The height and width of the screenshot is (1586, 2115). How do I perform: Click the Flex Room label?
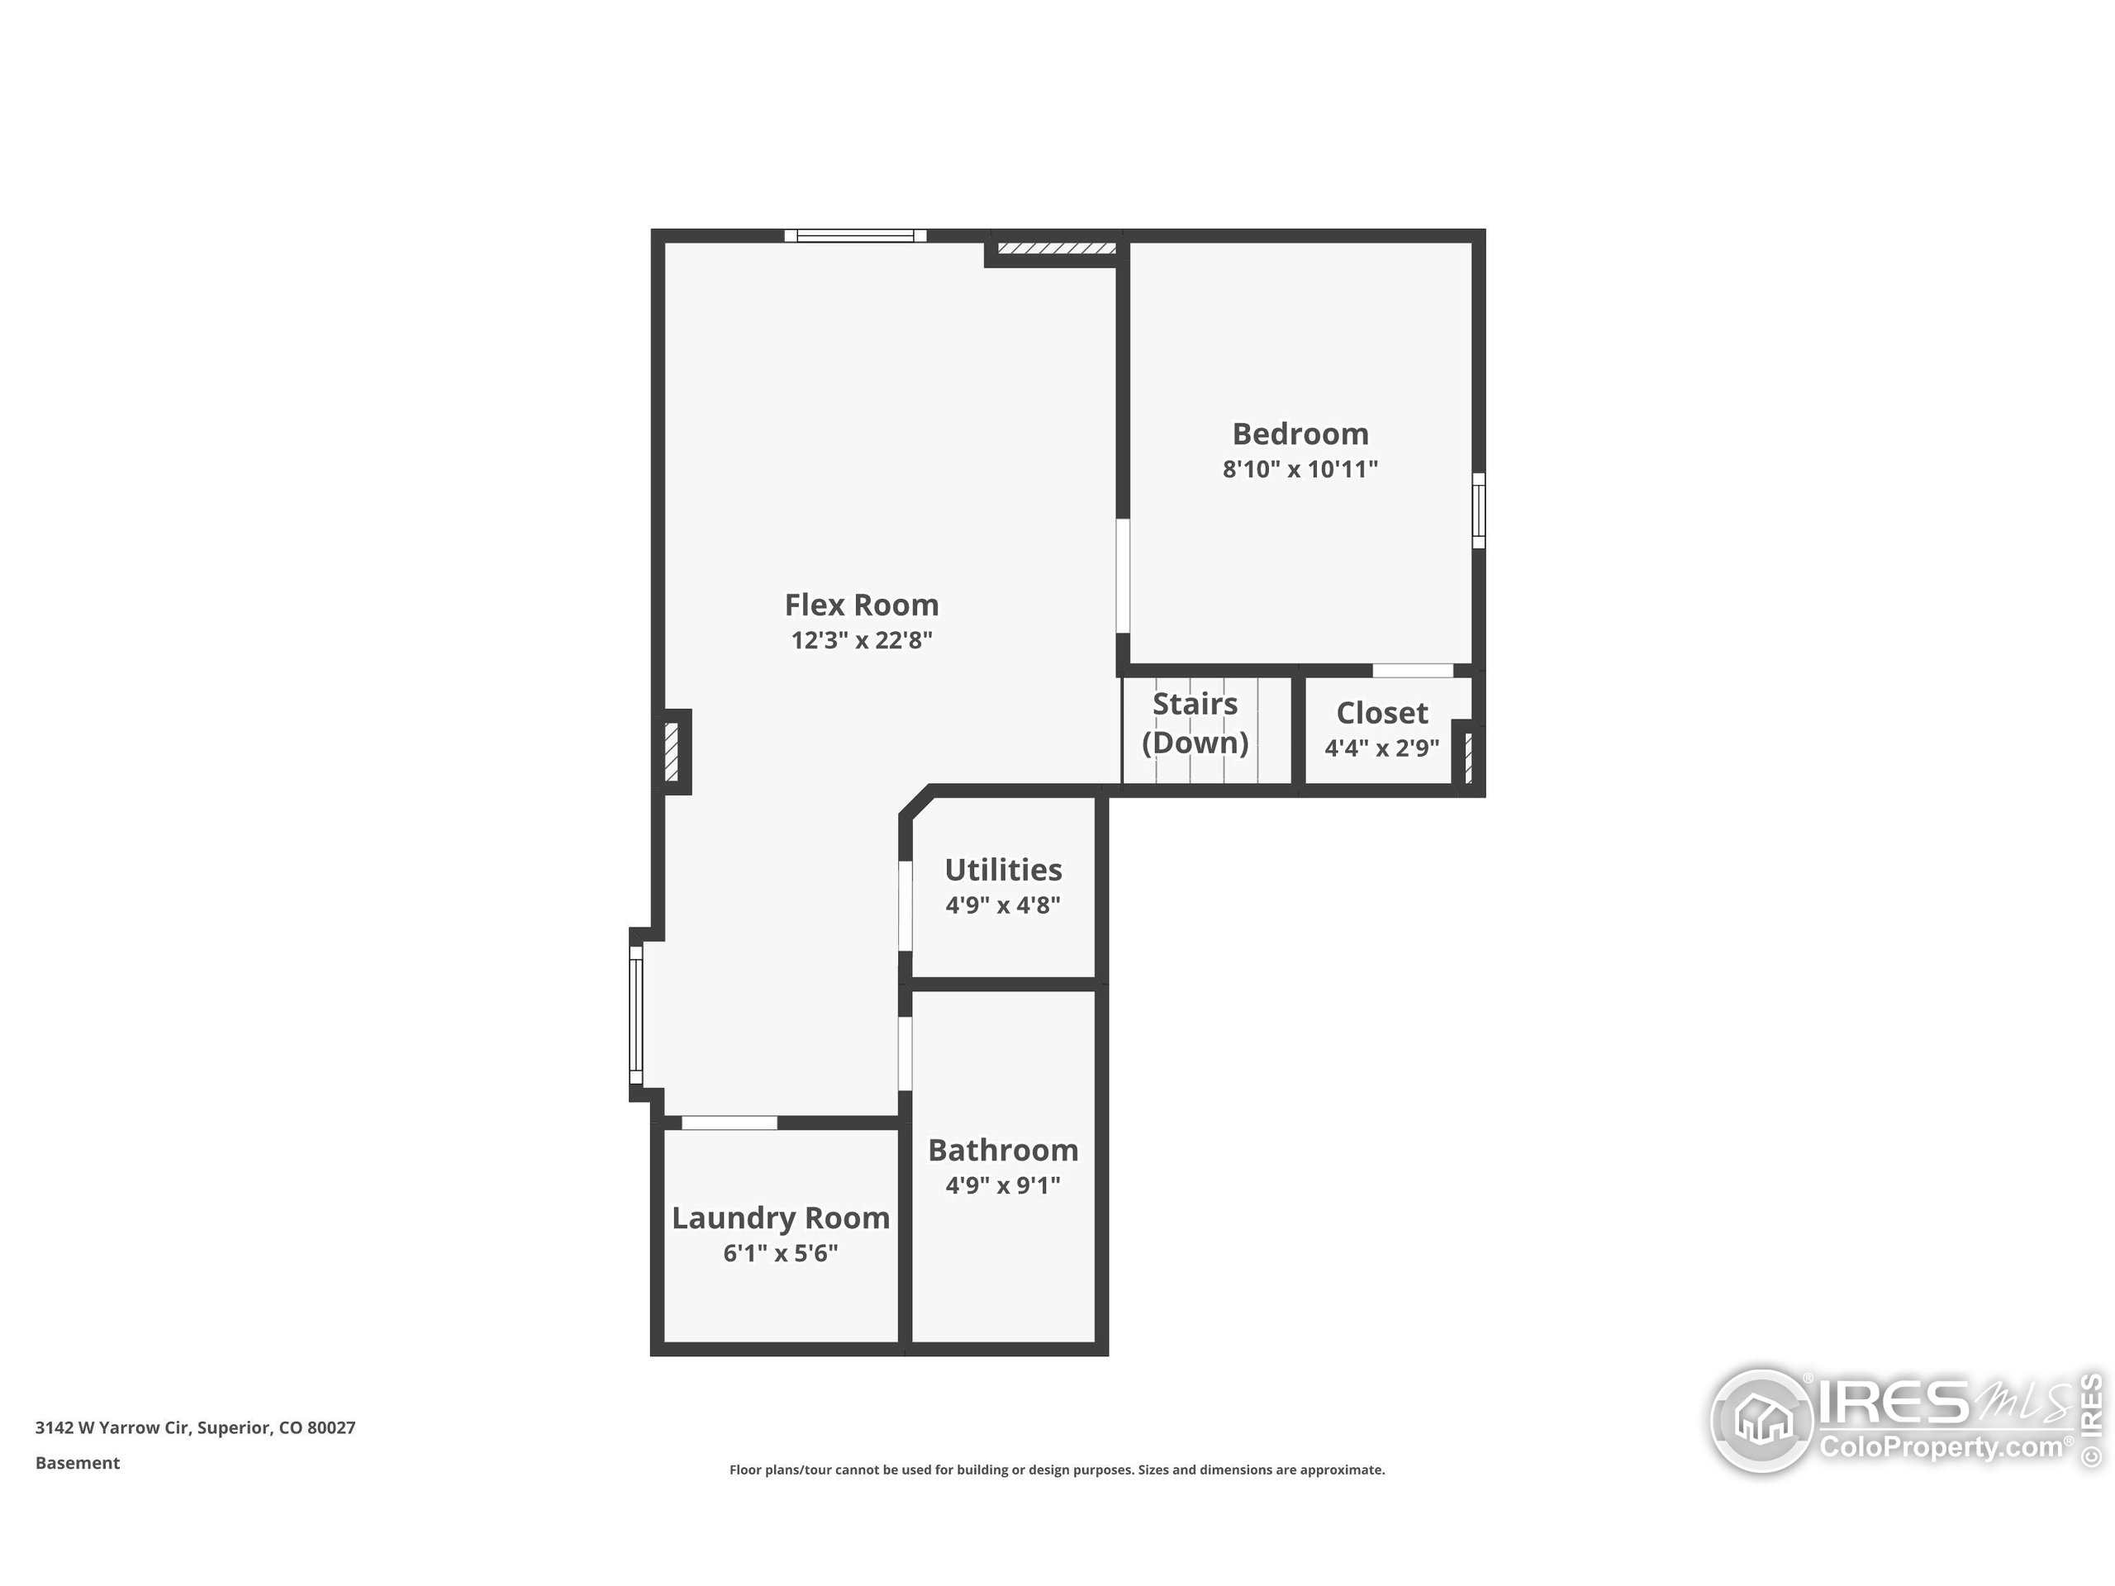861,605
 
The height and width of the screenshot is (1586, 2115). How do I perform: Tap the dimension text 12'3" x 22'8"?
861,640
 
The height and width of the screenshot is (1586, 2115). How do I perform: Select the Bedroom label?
1300,434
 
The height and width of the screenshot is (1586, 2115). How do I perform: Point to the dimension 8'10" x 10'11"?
1300,469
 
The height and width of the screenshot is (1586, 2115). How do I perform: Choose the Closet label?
1381,713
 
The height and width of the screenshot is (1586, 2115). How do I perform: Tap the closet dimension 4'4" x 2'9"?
1381,748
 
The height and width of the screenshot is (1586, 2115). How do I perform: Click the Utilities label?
1003,870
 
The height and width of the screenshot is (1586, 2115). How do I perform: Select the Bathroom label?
1003,1150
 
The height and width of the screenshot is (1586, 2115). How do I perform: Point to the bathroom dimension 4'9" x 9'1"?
1003,1185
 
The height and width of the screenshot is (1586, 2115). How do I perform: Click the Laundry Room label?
780,1218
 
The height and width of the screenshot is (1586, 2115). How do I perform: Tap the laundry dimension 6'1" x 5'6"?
780,1253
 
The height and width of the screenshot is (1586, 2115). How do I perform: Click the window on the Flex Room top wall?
855,235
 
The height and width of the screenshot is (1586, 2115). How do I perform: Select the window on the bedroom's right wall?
1478,510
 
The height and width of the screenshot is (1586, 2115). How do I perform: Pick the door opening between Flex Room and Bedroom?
1123,576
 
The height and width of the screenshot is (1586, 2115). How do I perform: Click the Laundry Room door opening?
729,1123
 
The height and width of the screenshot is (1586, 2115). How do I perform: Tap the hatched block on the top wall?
1057,249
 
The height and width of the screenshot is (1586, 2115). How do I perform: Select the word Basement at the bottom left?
78,1463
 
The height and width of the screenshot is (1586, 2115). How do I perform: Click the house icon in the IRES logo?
1762,1421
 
